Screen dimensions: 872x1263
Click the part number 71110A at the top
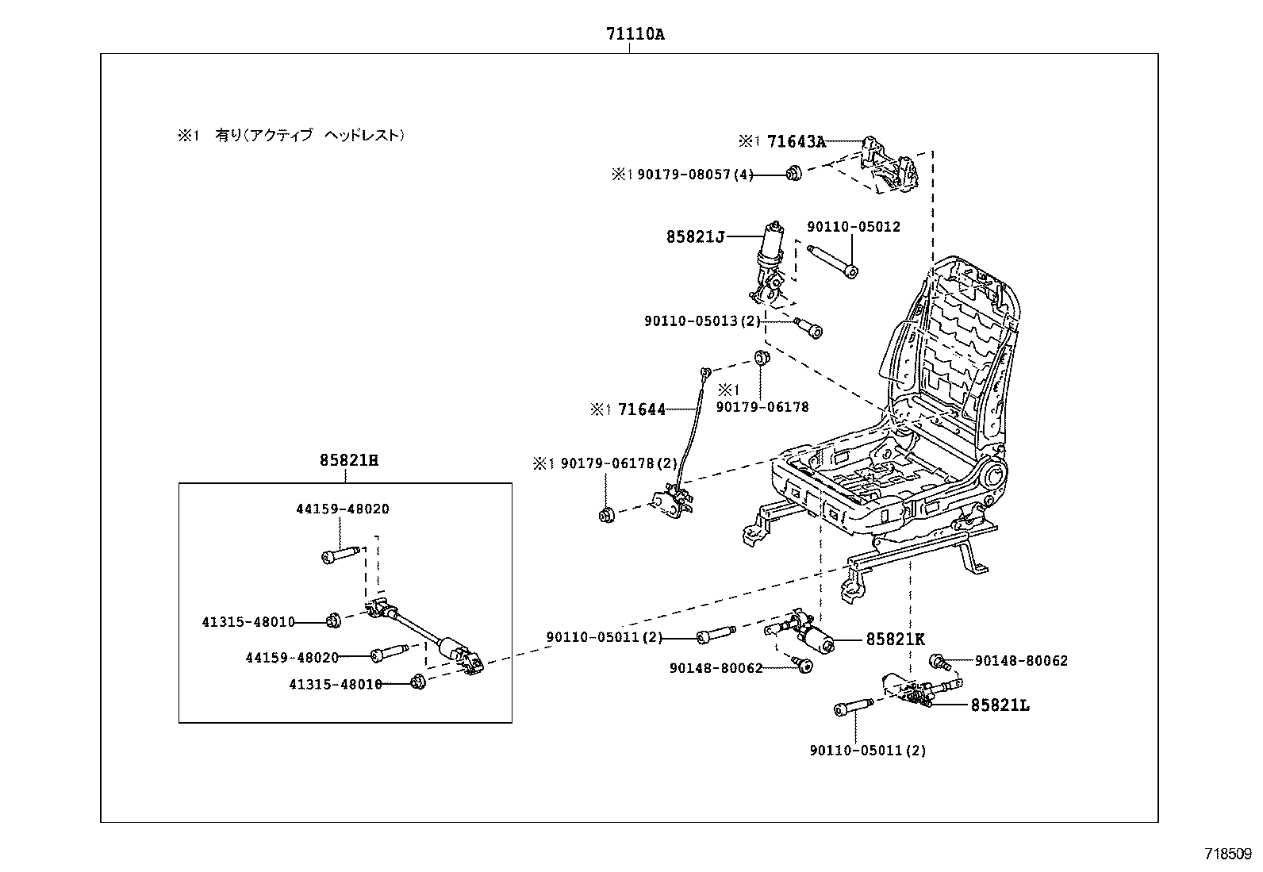[634, 34]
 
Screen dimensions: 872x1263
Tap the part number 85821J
[695, 236]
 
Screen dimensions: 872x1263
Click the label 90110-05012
[854, 227]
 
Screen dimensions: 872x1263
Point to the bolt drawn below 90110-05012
[833, 262]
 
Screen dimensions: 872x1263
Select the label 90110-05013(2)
[702, 321]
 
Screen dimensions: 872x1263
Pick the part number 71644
[641, 410]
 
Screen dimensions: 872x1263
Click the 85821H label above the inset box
[349, 460]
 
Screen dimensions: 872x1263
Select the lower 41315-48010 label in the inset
[336, 684]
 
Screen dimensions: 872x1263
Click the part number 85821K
[895, 639]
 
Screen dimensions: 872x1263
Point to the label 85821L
[1000, 705]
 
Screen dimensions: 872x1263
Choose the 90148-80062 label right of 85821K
[1021, 661]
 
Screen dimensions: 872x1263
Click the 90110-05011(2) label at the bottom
[867, 750]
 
